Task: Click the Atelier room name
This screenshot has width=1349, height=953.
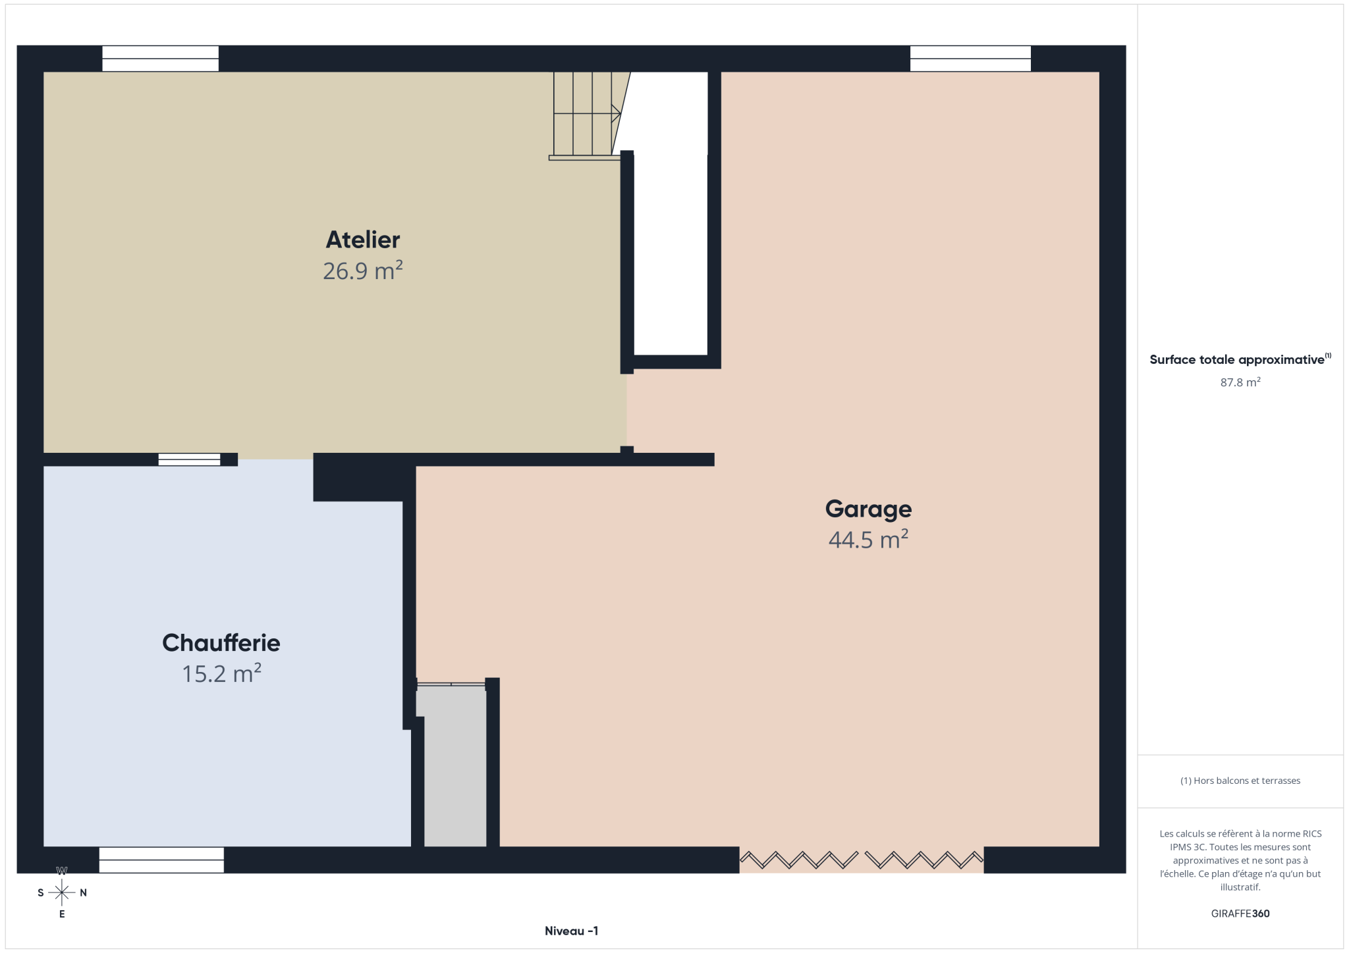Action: pyautogui.click(x=362, y=240)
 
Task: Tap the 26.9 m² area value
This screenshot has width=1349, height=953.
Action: pyautogui.click(x=362, y=270)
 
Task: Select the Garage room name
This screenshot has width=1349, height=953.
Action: pyautogui.click(x=868, y=509)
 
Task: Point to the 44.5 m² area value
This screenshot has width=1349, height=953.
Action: pyautogui.click(x=868, y=540)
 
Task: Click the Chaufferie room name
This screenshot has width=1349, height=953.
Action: pyautogui.click(x=221, y=643)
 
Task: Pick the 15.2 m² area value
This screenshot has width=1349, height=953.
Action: pyautogui.click(x=221, y=674)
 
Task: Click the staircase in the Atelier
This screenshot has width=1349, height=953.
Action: pyautogui.click(x=588, y=116)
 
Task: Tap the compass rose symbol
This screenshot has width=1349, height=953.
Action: pyautogui.click(x=62, y=892)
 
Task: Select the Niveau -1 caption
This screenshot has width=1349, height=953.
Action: pyautogui.click(x=571, y=931)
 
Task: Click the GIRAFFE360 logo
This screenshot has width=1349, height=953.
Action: pyautogui.click(x=1240, y=914)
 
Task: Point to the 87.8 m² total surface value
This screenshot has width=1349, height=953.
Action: pyautogui.click(x=1240, y=382)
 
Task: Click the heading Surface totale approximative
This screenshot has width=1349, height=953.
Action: pyautogui.click(x=1237, y=360)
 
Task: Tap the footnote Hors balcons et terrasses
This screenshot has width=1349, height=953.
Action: pyautogui.click(x=1240, y=781)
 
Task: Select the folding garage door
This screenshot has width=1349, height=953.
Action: pyautogui.click(x=862, y=860)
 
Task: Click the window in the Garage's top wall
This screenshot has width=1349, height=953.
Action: pyautogui.click(x=970, y=59)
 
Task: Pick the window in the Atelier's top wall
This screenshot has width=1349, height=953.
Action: pyautogui.click(x=160, y=59)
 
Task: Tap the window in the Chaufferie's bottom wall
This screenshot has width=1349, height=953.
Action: pyautogui.click(x=161, y=860)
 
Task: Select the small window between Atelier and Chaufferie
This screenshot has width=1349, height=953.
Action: pyautogui.click(x=189, y=459)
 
